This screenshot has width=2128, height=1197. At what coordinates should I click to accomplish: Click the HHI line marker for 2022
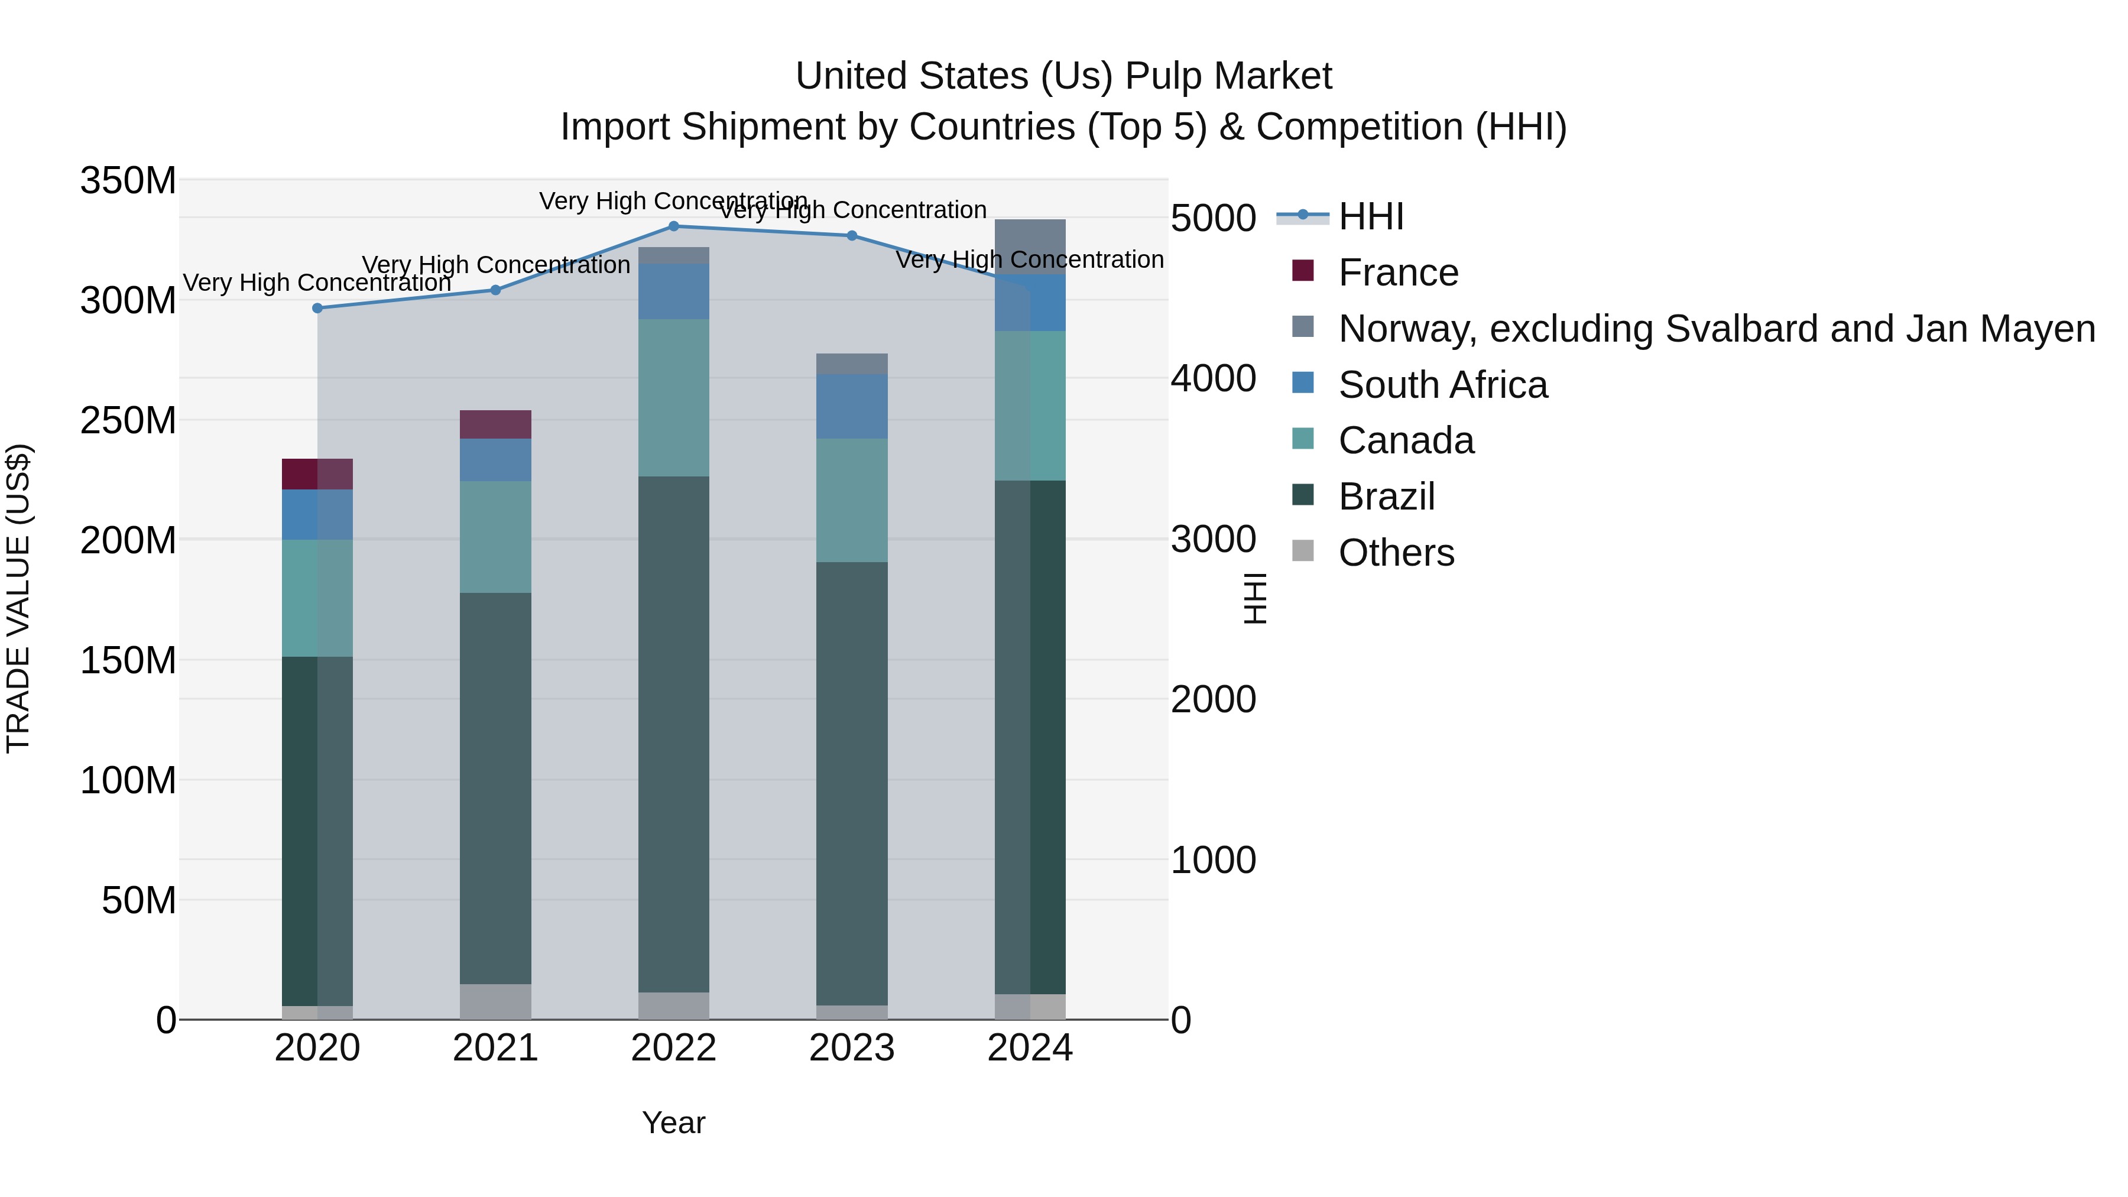[673, 226]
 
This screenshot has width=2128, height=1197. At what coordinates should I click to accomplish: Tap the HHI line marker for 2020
[317, 308]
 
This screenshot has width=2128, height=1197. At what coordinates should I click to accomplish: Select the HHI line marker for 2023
[852, 235]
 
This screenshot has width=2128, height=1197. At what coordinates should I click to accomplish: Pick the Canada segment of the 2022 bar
[673, 397]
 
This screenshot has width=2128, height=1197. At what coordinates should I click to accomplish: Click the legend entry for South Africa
[1442, 385]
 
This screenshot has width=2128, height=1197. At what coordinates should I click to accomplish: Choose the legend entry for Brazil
[1386, 497]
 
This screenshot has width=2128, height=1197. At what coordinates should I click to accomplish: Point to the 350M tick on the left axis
[128, 180]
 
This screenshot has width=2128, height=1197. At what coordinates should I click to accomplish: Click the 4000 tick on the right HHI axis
[1213, 378]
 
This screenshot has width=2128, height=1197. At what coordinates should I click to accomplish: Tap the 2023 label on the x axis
[852, 1048]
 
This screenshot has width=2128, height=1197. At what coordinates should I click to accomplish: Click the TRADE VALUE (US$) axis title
[18, 598]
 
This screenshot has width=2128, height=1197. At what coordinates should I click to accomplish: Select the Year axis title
[673, 1123]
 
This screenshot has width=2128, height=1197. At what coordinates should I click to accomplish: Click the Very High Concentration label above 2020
[317, 283]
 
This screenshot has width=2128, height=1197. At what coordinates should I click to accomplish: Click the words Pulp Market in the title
[1228, 76]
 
